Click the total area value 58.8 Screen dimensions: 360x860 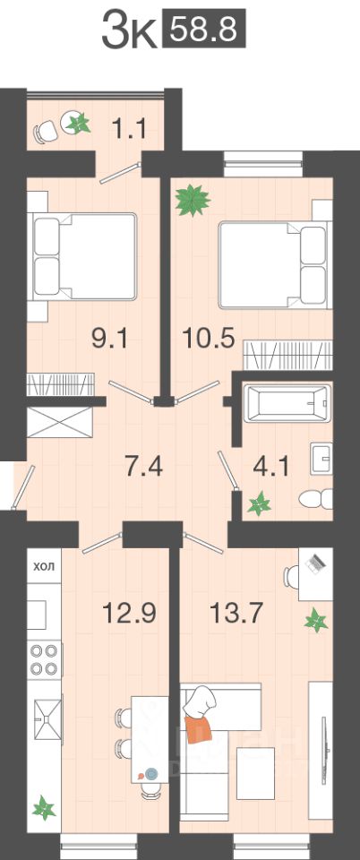tap(204, 30)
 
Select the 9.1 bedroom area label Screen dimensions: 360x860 tap(109, 340)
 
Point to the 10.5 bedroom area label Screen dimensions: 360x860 tap(209, 339)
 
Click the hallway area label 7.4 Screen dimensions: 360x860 tap(143, 467)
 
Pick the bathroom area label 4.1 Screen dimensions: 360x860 tap(270, 468)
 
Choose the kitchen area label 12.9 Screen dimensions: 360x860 tap(131, 612)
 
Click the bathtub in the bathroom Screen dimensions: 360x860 tap(287, 404)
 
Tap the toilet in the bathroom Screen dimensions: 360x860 tap(316, 499)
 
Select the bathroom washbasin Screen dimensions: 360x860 tap(321, 458)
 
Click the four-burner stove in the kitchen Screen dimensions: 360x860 tap(45, 660)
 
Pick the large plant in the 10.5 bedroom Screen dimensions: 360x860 tap(193, 201)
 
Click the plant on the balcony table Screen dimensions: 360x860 tap(78, 124)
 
